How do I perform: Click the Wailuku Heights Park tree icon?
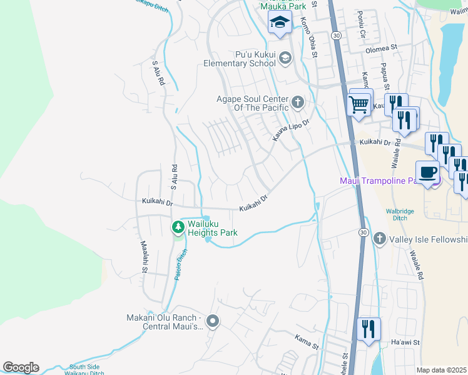tap(179, 226)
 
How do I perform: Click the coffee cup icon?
tap(429, 172)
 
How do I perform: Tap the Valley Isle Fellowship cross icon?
tap(379, 239)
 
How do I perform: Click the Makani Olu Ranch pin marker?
tap(213, 322)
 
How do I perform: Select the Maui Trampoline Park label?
tap(382, 181)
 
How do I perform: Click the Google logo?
tap(21, 367)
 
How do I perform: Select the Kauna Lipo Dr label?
tap(290, 130)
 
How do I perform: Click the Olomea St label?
tap(382, 47)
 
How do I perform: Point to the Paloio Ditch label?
tap(180, 264)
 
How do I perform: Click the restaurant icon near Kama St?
tap(367, 329)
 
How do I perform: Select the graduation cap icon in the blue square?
tap(279, 24)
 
